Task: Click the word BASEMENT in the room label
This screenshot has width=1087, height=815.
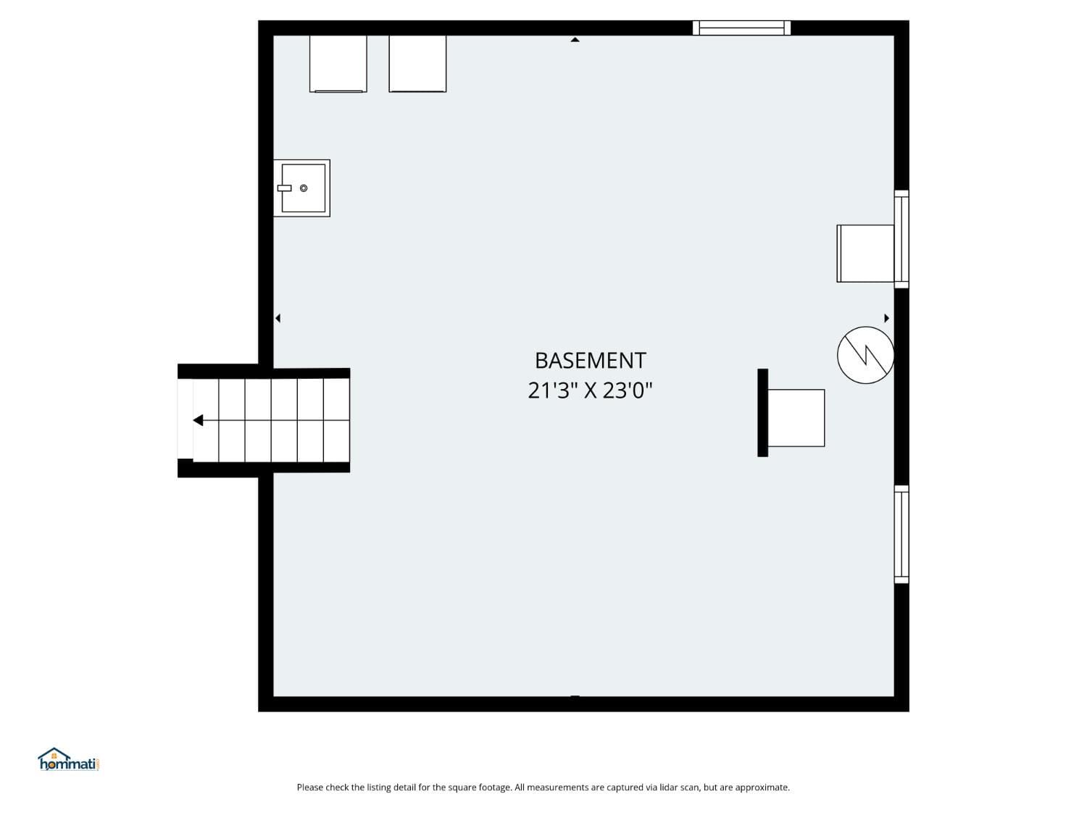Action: pyautogui.click(x=590, y=360)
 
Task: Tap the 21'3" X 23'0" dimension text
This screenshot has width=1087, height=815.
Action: pyautogui.click(x=590, y=390)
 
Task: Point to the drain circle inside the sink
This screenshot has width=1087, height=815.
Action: pyautogui.click(x=304, y=188)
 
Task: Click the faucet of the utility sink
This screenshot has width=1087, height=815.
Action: pyautogui.click(x=284, y=188)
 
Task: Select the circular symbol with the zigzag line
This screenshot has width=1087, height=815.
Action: pyautogui.click(x=865, y=355)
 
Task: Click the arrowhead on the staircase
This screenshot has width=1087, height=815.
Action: pyautogui.click(x=198, y=420)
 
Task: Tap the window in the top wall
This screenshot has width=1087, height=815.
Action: pyautogui.click(x=741, y=28)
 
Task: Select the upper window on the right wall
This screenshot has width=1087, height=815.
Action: pyautogui.click(x=901, y=238)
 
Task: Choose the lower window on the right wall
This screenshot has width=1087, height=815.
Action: pyautogui.click(x=901, y=534)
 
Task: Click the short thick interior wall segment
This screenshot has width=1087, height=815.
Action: pyautogui.click(x=762, y=413)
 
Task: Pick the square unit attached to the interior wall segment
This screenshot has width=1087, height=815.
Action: pyautogui.click(x=796, y=418)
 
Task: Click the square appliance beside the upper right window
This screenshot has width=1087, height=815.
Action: pyautogui.click(x=865, y=253)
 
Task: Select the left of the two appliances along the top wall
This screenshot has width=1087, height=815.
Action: pyautogui.click(x=338, y=64)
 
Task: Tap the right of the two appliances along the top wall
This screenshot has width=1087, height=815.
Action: pyautogui.click(x=417, y=64)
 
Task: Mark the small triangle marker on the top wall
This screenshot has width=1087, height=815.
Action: pyautogui.click(x=575, y=40)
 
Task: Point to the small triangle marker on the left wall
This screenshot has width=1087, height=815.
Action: pyautogui.click(x=278, y=318)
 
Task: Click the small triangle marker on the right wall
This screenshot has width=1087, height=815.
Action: pyautogui.click(x=886, y=318)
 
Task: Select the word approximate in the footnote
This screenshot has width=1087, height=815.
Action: pyautogui.click(x=762, y=787)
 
